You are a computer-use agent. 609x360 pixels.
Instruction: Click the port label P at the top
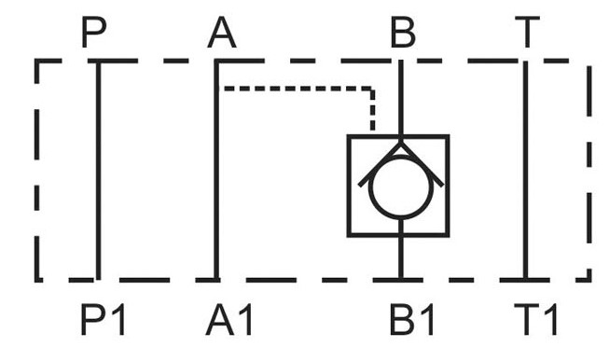pyautogui.click(x=93, y=33)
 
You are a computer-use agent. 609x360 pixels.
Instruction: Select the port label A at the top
pyautogui.click(x=222, y=33)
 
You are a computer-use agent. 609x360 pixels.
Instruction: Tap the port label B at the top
pyautogui.click(x=403, y=33)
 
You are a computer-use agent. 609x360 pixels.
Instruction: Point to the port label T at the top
pyautogui.click(x=527, y=33)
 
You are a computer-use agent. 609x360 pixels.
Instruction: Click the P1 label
pyautogui.click(x=103, y=320)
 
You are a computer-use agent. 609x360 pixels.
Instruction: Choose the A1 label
pyautogui.click(x=229, y=320)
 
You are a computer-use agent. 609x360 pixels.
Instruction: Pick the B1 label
pyautogui.click(x=411, y=320)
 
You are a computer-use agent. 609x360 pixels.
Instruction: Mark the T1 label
pyautogui.click(x=536, y=320)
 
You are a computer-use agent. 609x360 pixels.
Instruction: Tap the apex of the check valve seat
pyautogui.click(x=401, y=143)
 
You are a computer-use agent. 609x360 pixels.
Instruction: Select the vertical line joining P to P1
pyautogui.click(x=98, y=170)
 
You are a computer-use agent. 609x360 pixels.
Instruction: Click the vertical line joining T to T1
pyautogui.click(x=526, y=170)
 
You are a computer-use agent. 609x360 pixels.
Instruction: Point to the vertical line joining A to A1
pyautogui.click(x=216, y=170)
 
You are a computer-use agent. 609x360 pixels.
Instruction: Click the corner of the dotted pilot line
pyautogui.click(x=372, y=89)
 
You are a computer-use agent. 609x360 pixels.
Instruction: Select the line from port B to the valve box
pyautogui.click(x=401, y=98)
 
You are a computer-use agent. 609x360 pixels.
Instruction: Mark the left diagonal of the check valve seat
pyautogui.click(x=380, y=164)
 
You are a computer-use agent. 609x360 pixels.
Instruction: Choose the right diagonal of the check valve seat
pyautogui.click(x=422, y=164)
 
